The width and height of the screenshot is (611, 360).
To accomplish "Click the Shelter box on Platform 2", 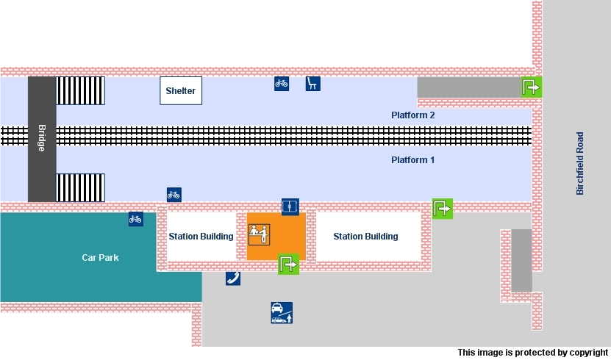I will point(181,91).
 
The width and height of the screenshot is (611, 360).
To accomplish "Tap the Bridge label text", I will point(41,138).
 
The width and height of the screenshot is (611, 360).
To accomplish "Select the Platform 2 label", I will point(413,115).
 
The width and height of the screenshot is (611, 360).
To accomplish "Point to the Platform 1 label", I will point(413,160).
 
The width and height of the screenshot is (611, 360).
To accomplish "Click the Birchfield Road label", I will point(580,163).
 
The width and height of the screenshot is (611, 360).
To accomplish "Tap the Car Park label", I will point(100,258).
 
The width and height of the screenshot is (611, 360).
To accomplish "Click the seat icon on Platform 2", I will point(313,84).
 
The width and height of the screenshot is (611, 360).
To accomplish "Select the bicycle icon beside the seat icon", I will point(282,84).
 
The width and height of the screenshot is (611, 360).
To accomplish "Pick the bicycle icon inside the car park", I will point(135,219).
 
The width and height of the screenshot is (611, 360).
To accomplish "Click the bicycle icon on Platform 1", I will point(174,195).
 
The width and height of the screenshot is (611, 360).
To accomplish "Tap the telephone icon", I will point(233,278).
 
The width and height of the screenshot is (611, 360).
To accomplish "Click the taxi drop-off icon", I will point(282,313).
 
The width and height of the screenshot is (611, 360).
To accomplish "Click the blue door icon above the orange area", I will point(290,206).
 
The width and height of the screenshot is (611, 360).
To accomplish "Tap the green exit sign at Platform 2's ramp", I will point(531,87).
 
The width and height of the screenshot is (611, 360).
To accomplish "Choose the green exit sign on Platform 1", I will point(443,209).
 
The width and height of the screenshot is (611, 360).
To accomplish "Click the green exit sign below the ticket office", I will point(288,264).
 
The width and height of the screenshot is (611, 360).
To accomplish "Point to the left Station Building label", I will point(201,237).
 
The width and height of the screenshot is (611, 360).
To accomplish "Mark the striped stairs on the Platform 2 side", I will point(81,91).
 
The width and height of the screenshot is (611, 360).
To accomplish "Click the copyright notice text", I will point(532,353).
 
